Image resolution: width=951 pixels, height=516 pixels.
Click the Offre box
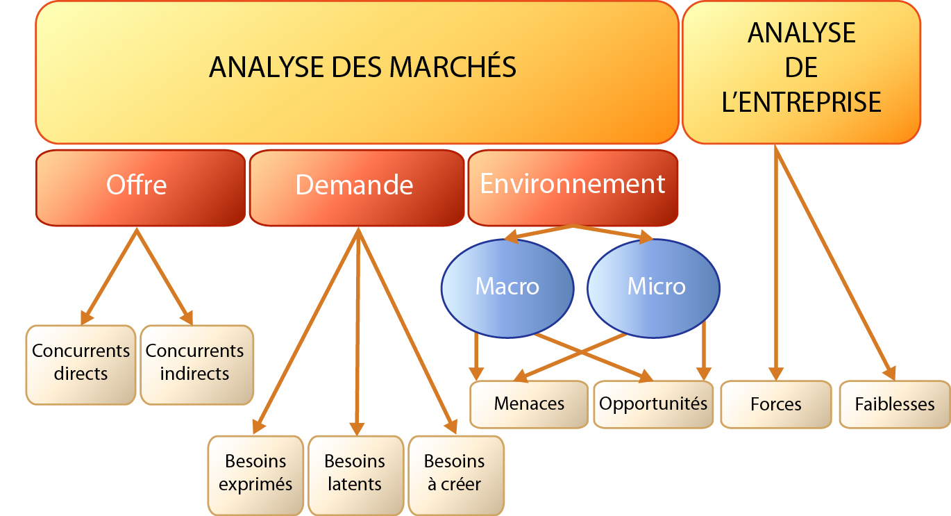(140, 188)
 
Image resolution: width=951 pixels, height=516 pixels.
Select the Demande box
(357, 188)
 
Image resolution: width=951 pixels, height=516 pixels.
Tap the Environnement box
(573, 188)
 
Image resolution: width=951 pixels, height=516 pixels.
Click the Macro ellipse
(507, 288)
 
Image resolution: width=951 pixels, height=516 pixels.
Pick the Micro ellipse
(653, 288)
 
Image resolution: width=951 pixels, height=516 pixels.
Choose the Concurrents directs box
(81, 365)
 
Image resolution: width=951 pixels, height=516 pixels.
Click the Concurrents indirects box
(197, 365)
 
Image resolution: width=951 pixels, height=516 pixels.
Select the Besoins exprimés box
(255, 475)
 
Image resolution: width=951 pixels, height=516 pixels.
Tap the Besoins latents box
(356, 475)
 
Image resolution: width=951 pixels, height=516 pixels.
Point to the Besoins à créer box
(456, 475)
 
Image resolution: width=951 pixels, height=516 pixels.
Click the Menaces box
(529, 404)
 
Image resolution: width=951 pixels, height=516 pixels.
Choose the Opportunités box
(653, 404)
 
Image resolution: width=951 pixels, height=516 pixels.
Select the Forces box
(776, 404)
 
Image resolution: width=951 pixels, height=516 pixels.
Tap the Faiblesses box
(895, 404)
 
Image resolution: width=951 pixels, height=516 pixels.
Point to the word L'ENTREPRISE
(802, 102)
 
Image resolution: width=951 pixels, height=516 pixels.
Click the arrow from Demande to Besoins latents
(357, 332)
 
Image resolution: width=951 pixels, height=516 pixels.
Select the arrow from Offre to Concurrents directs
(109, 276)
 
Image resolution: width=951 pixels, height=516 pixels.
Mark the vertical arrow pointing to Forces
(776, 263)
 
